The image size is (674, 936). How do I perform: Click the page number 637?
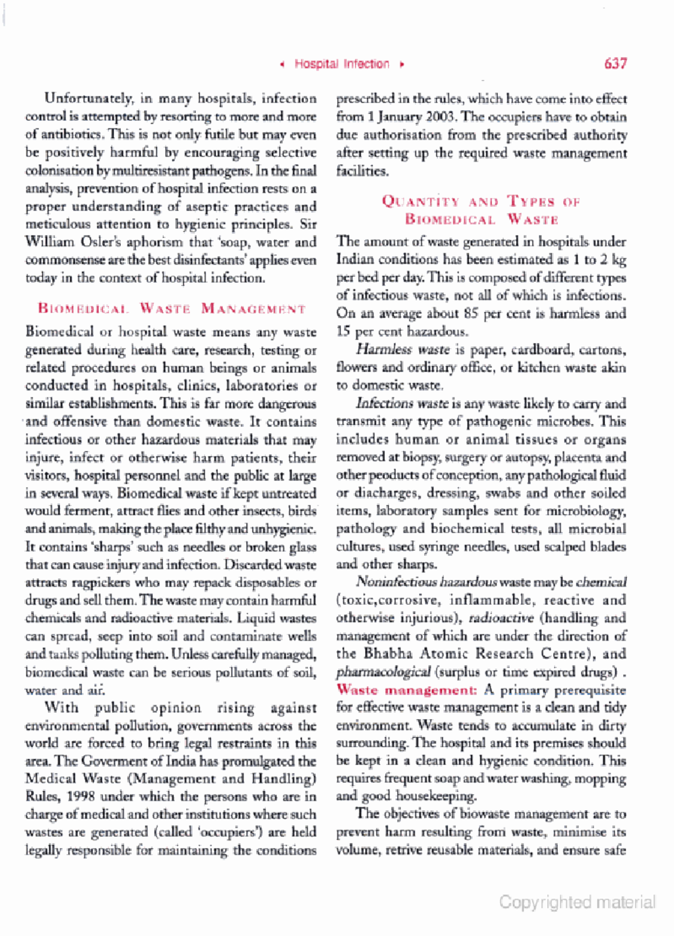tap(615, 63)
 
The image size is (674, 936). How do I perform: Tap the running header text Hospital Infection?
tap(341, 64)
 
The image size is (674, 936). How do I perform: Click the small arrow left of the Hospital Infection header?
tap(282, 65)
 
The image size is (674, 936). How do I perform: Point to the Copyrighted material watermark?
tap(577, 902)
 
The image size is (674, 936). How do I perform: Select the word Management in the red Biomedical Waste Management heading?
tap(253, 309)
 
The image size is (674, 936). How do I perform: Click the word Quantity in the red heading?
tap(420, 202)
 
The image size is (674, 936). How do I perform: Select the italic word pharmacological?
tap(383, 672)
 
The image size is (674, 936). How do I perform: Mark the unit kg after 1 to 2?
tap(618, 259)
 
